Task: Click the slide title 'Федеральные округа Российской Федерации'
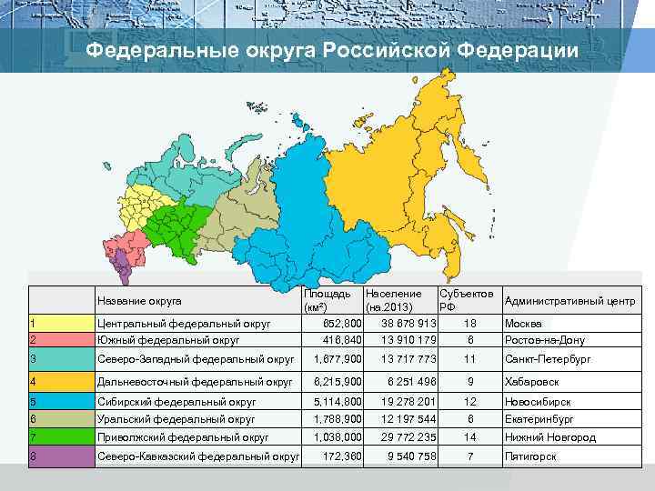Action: (x=331, y=51)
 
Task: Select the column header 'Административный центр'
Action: (x=569, y=302)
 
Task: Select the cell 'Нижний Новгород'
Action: (x=549, y=437)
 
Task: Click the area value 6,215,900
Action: (x=338, y=382)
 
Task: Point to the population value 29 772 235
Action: (x=404, y=437)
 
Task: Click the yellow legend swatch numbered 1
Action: (x=61, y=324)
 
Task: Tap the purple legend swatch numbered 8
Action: (x=61, y=456)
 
